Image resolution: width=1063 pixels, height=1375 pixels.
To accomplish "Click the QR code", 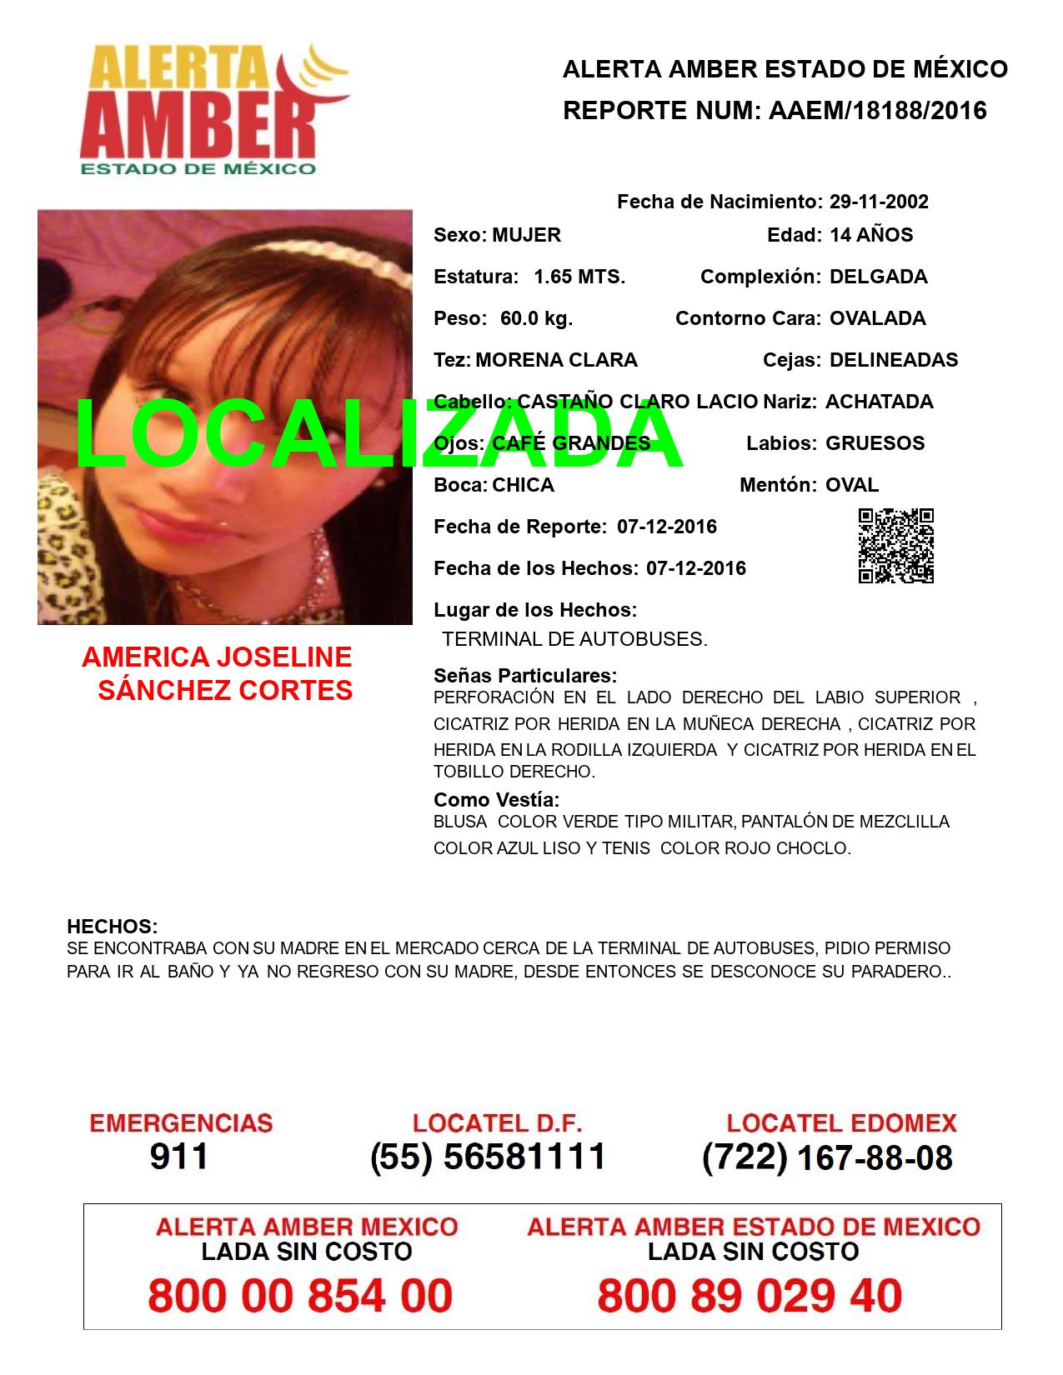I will point(896,546).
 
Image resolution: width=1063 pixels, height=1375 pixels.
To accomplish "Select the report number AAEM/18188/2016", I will point(874,111).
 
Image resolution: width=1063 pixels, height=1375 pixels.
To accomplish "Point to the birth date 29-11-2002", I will point(879,202).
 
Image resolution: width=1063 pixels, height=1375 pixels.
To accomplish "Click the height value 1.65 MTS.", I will point(579,277).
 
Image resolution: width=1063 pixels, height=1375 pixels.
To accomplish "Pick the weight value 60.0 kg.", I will point(536,318).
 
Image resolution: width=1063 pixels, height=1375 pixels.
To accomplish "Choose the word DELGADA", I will point(879,277).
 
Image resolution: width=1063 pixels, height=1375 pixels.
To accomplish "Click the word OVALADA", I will point(878,318).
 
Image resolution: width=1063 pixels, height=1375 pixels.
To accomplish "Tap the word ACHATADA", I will point(880,402).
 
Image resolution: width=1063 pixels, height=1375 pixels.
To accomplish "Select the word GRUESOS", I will point(875,443).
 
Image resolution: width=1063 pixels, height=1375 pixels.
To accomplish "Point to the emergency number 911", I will point(179,1157).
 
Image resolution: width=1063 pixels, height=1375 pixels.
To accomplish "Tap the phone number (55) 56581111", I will point(488,1157).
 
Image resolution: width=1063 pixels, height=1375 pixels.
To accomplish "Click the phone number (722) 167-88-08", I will point(827,1157).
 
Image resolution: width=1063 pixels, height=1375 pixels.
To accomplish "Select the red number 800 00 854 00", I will point(300,1296).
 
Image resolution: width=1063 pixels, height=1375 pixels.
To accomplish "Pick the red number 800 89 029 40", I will point(750,1296).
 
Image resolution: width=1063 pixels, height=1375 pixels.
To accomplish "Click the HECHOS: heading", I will point(112,927).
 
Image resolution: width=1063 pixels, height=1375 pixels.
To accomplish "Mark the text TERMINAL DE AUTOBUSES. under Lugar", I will point(574,640).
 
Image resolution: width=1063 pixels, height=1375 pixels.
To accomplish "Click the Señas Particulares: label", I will point(525,675).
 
